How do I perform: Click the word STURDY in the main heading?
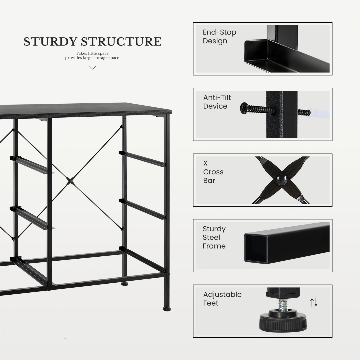(x=50, y=42)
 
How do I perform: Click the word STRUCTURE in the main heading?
(x=121, y=42)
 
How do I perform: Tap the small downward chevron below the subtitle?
(x=93, y=67)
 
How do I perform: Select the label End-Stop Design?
(x=219, y=37)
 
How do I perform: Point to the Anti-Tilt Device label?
(x=217, y=102)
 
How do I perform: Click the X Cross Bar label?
(x=213, y=172)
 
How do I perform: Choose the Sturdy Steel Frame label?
(x=214, y=237)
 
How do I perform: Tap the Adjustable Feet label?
(x=222, y=299)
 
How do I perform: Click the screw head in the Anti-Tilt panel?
(x=244, y=108)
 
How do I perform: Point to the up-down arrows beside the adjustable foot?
(x=314, y=302)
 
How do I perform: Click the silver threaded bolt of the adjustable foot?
(x=283, y=304)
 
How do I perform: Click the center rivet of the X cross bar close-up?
(x=282, y=179)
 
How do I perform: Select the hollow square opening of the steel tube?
(x=256, y=248)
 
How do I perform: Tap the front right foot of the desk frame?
(x=167, y=309)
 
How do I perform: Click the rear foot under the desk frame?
(x=125, y=284)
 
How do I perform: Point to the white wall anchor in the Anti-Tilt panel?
(x=319, y=113)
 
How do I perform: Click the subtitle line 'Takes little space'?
(x=92, y=53)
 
